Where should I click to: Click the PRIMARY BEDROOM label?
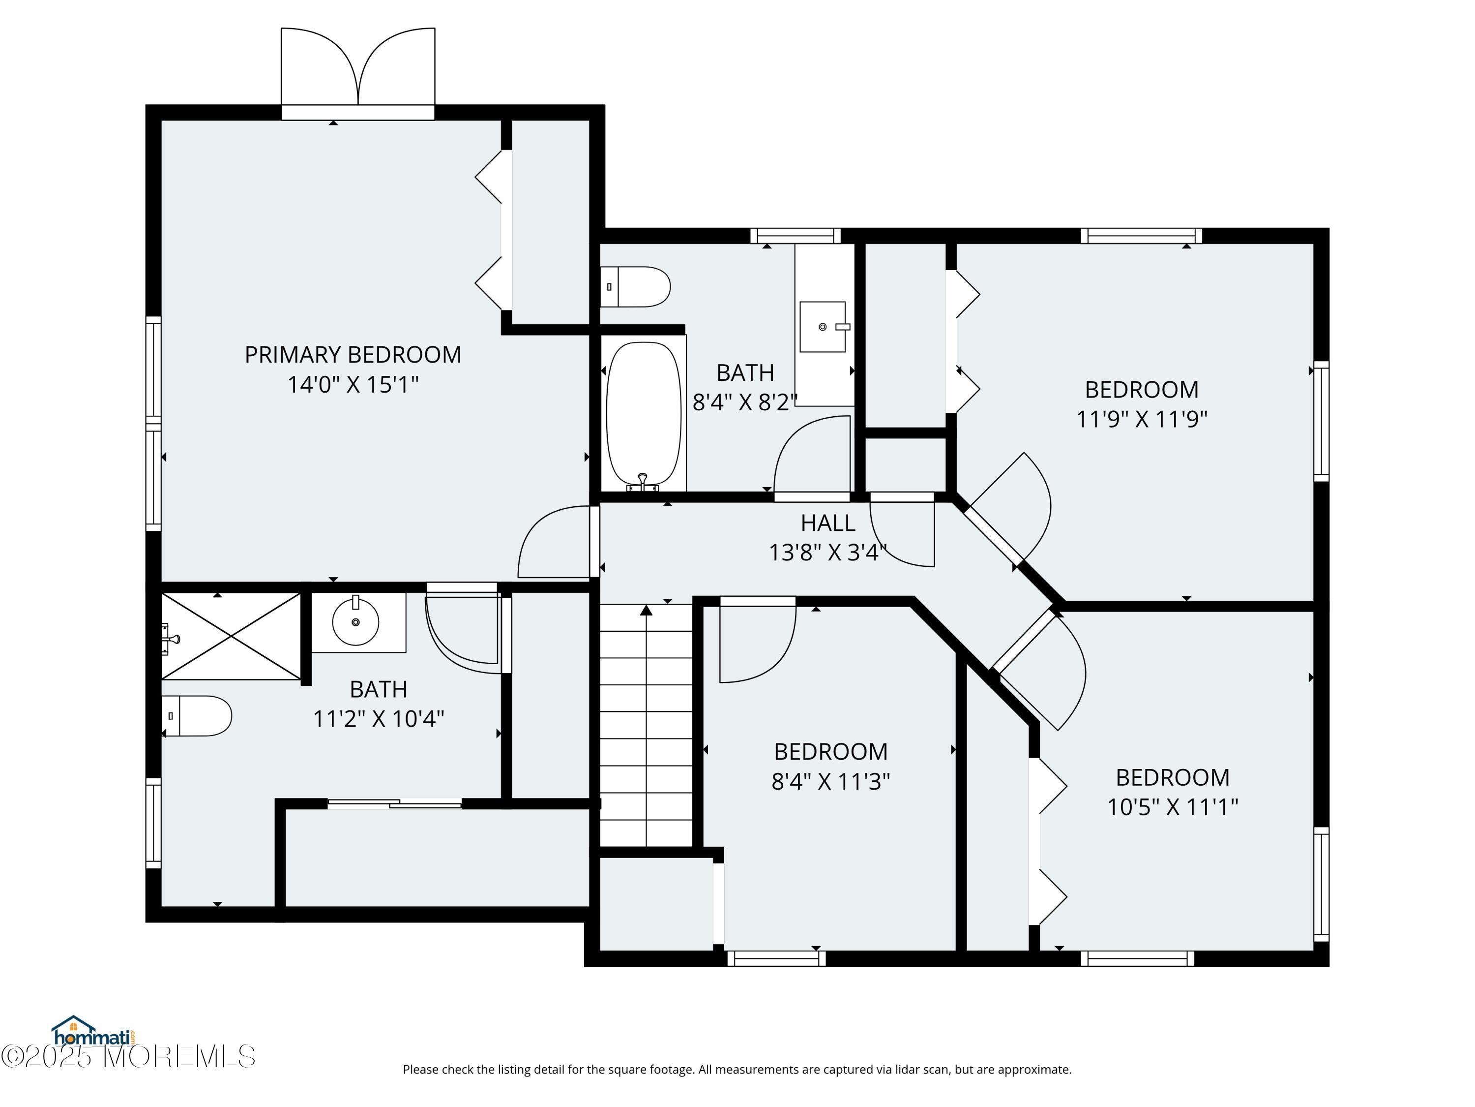pyautogui.click(x=353, y=354)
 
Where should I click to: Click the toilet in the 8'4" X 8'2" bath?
pyautogui.click(x=635, y=287)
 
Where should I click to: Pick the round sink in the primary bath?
pyautogui.click(x=355, y=621)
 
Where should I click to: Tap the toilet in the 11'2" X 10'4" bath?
pyautogui.click(x=197, y=716)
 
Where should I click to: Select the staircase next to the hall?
pyautogui.click(x=646, y=725)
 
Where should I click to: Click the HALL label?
pyautogui.click(x=828, y=523)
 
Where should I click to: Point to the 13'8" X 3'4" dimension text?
pyautogui.click(x=828, y=553)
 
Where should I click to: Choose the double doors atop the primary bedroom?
pyautogui.click(x=358, y=73)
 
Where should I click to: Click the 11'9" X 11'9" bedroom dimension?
pyautogui.click(x=1142, y=419)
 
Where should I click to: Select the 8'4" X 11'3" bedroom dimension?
pyautogui.click(x=831, y=781)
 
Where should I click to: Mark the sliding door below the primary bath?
pyautogui.click(x=394, y=804)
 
